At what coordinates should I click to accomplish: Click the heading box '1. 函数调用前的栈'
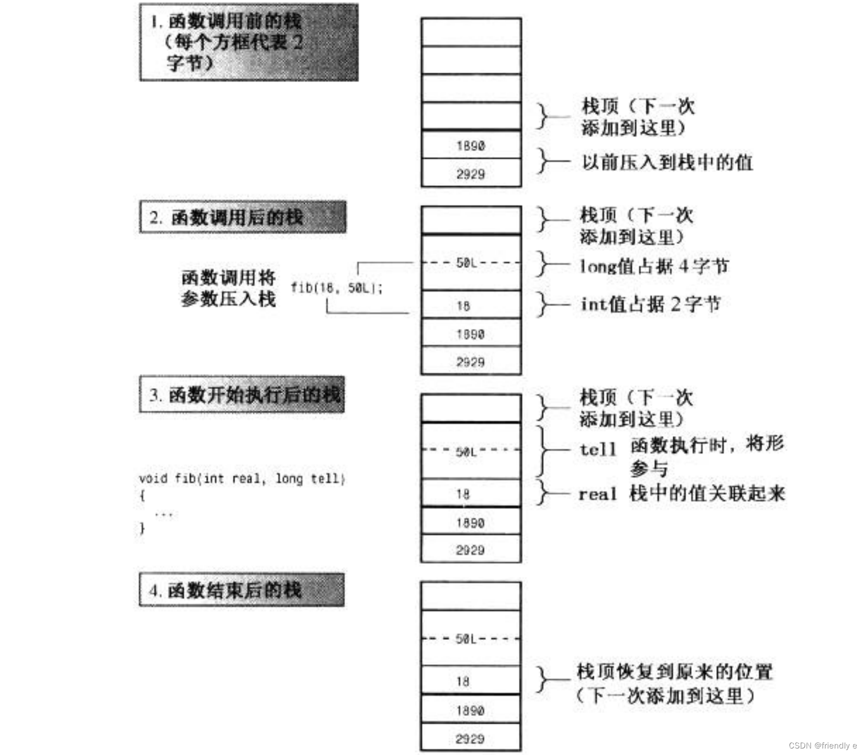click(248, 42)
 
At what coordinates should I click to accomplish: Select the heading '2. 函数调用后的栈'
click(242, 217)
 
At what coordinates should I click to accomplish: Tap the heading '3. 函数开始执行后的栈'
click(242, 394)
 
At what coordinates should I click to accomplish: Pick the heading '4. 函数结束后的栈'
click(242, 590)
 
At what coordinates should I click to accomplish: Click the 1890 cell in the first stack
click(471, 146)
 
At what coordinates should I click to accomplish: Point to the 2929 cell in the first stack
click(471, 174)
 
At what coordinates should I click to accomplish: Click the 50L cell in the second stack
click(471, 263)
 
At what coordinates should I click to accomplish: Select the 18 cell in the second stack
click(471, 306)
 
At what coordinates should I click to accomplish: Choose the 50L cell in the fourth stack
click(471, 639)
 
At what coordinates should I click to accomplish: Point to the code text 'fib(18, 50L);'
click(337, 288)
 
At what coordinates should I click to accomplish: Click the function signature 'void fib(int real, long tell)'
click(242, 479)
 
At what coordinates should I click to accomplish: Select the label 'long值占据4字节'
click(654, 266)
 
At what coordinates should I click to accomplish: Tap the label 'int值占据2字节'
click(650, 304)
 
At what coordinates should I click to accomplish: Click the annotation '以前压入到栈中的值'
click(667, 162)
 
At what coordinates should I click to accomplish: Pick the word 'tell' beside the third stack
click(598, 450)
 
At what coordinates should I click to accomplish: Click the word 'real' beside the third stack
click(598, 494)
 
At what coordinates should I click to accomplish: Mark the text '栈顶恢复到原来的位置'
click(674, 672)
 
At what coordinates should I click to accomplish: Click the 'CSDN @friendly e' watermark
click(823, 745)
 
